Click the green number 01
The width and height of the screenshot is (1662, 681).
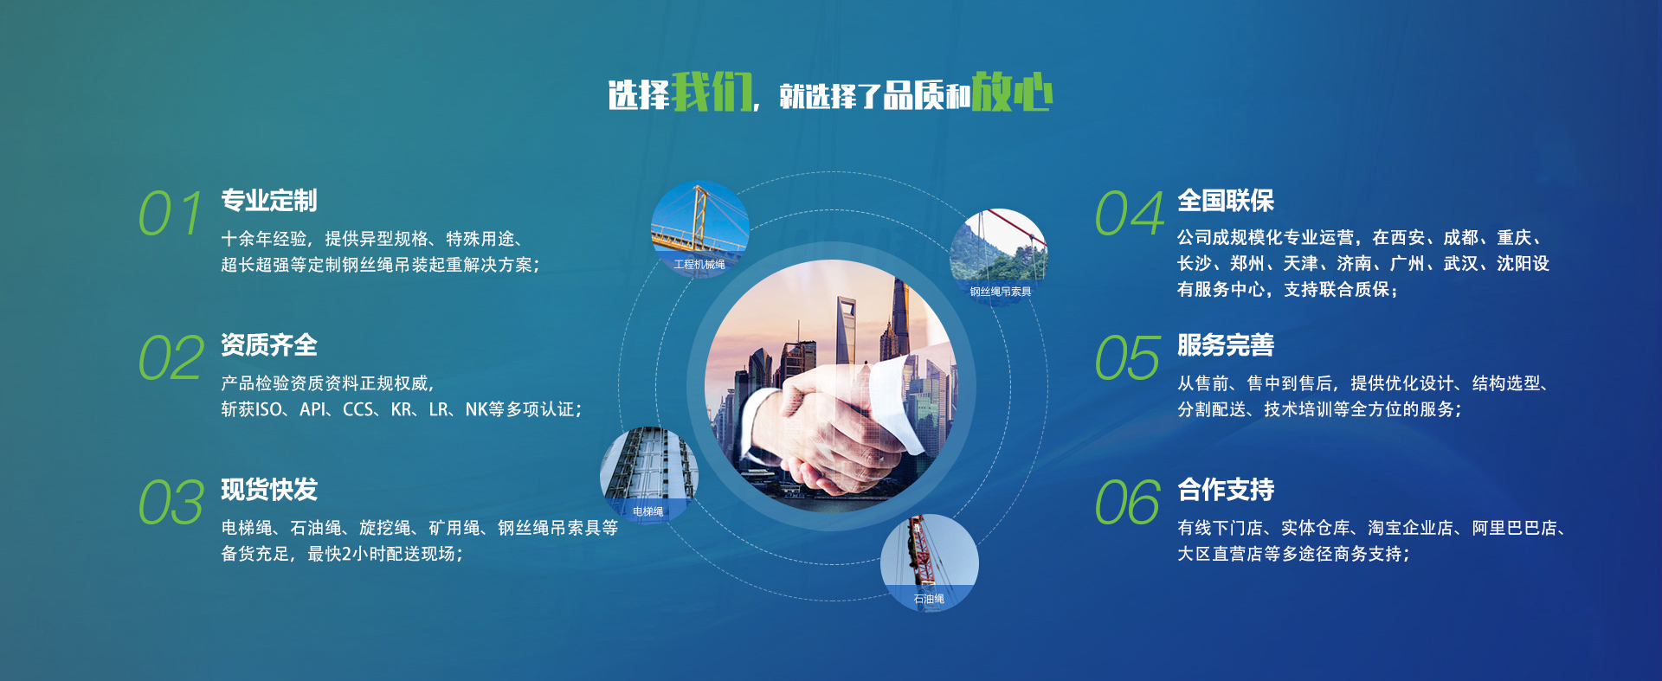coord(171,214)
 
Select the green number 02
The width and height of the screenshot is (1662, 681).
coord(171,358)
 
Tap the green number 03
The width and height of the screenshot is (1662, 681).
coord(171,503)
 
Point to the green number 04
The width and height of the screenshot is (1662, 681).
coord(1130,214)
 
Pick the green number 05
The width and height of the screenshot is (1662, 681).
coord(1128,358)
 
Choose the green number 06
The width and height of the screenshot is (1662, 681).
coord(1128,503)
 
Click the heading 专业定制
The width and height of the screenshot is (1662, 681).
coord(269,201)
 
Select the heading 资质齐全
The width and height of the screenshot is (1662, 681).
coord(269,345)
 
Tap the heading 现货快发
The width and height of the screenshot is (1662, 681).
coord(269,490)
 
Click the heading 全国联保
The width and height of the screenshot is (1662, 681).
coord(1226,201)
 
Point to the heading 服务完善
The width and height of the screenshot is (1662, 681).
coord(1226,345)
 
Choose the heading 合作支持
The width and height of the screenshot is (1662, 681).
coord(1226,490)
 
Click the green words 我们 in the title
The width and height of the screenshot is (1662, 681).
coord(712,92)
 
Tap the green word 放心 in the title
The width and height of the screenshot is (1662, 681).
coord(1012,92)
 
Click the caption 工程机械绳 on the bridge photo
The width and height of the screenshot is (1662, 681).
coord(699,265)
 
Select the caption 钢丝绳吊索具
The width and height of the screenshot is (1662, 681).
coord(1001,292)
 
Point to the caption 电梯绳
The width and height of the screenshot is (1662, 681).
coord(647,511)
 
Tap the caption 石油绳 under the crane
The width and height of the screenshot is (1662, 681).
coord(929,599)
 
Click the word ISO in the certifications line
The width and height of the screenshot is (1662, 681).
coord(268,409)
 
